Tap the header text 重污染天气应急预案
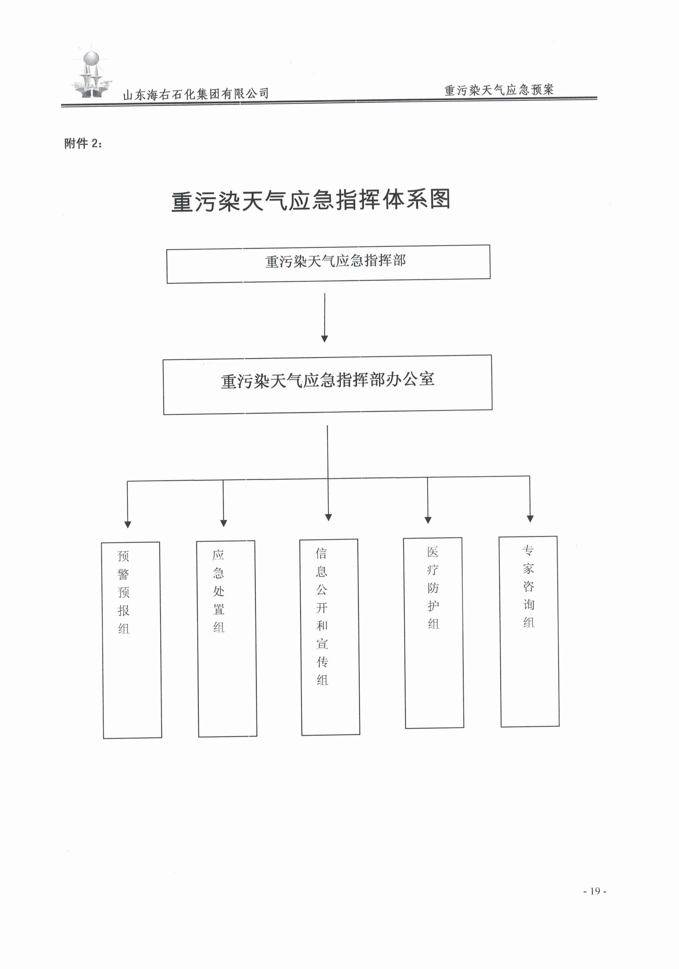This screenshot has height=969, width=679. (x=499, y=89)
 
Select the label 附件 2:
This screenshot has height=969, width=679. (x=83, y=144)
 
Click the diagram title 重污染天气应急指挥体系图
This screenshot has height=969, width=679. (x=311, y=200)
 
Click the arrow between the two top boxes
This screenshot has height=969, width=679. (x=324, y=317)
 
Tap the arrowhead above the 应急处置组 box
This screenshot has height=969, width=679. (x=224, y=523)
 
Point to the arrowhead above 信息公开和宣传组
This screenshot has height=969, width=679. (x=328, y=517)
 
